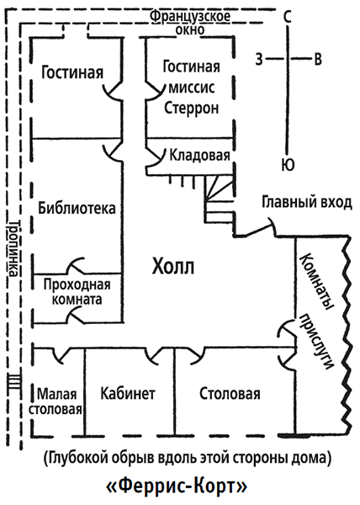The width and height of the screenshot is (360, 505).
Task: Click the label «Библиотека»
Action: pyautogui.click(x=77, y=208)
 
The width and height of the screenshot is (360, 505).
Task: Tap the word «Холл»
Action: pyautogui.click(x=173, y=267)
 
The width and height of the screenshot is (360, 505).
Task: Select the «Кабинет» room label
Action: pyautogui.click(x=128, y=394)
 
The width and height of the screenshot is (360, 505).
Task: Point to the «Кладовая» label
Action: pyautogui.click(x=200, y=155)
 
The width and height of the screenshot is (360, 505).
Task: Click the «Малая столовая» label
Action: pyautogui.click(x=55, y=401)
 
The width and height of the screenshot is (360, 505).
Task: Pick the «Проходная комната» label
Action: pyautogui.click(x=77, y=292)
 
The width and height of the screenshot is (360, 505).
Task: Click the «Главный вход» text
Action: pyautogui.click(x=307, y=203)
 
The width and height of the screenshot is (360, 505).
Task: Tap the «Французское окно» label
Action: pyautogui.click(x=190, y=23)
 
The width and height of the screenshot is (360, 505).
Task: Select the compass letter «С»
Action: pyautogui.click(x=288, y=17)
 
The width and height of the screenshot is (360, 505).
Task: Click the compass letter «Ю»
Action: pyautogui.click(x=288, y=165)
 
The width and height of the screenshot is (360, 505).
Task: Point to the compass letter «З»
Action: pyautogui.click(x=259, y=59)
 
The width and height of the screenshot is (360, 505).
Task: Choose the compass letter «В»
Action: pyautogui.click(x=318, y=59)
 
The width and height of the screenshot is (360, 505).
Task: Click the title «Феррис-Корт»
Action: pyautogui.click(x=177, y=487)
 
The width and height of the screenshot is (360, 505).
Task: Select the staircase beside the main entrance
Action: pyautogui.click(x=220, y=199)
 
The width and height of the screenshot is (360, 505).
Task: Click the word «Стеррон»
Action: pyautogui.click(x=192, y=109)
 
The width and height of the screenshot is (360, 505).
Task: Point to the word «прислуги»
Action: pyautogui.click(x=316, y=342)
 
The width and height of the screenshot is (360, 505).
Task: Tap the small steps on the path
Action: pyautogui.click(x=14, y=381)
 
